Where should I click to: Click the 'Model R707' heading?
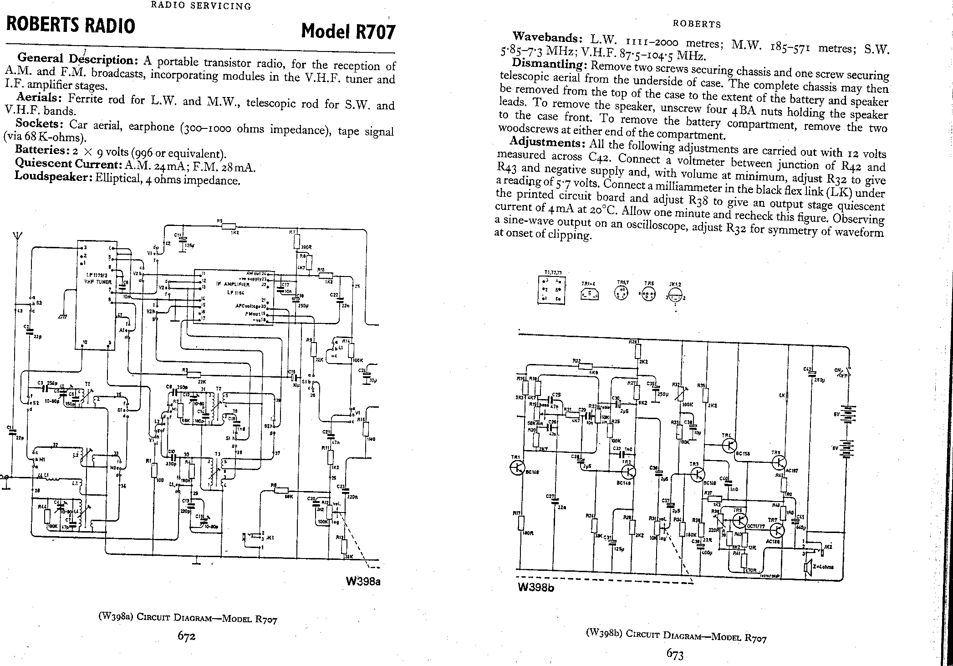pos(348,31)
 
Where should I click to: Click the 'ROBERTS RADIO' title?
pos(71,26)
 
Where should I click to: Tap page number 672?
pos(187,636)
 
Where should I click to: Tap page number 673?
pos(675,654)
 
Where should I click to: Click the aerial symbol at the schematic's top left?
pos(17,237)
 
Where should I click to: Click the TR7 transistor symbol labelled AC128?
pos(777,530)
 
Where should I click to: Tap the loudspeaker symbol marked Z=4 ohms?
pos(807,567)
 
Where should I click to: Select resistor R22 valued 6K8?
pos(583,366)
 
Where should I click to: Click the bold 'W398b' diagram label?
pos(536,587)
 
